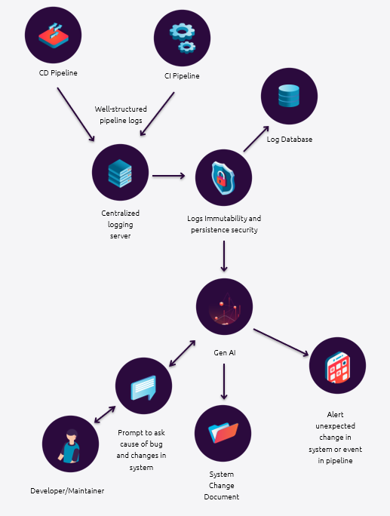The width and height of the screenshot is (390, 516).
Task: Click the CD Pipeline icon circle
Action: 53,35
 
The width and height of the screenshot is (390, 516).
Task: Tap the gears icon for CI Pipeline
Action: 183,38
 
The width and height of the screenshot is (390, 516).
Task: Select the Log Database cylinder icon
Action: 289,96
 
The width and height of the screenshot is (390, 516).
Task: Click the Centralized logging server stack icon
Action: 120,173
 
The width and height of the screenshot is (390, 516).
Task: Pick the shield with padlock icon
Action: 223,178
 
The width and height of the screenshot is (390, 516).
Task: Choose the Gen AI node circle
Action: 225,307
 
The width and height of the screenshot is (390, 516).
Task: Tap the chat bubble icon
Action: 143,388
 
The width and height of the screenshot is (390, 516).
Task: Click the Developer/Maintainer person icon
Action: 70,446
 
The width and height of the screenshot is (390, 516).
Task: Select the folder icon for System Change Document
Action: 223,433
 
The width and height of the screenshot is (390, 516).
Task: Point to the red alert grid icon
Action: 337,367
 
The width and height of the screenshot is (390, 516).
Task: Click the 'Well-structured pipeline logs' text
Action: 121,115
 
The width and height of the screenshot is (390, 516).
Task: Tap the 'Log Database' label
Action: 289,140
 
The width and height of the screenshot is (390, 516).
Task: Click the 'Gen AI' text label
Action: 225,353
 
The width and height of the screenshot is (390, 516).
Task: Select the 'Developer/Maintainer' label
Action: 67,490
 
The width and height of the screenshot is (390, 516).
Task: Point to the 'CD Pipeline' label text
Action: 58,72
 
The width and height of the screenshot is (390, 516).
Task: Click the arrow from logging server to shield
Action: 168,176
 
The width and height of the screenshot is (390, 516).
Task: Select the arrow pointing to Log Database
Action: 256,139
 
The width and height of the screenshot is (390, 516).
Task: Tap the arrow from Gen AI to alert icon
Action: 281,342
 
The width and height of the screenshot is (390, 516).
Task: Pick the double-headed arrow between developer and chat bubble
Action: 105,415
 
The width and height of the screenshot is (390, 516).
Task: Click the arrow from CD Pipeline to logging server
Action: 75,115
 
